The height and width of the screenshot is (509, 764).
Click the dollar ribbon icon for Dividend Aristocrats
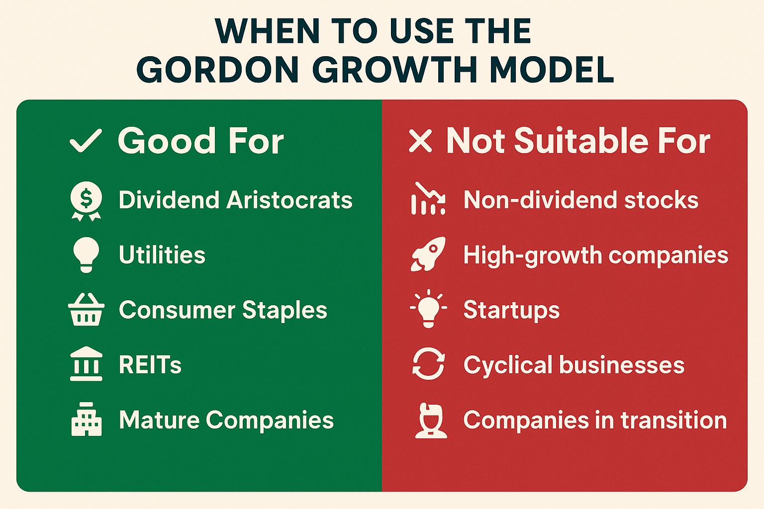[86, 200]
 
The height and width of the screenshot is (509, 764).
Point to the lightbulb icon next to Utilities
[86, 254]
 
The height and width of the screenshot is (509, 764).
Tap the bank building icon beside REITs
[86, 364]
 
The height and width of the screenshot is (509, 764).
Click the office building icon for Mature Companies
[86, 420]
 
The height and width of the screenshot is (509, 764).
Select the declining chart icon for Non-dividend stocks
[428, 199]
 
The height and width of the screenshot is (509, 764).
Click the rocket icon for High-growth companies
[428, 254]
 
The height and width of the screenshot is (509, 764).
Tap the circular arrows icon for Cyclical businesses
[428, 364]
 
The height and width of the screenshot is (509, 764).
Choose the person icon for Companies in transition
[431, 421]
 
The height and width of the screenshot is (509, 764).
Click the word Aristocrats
[289, 200]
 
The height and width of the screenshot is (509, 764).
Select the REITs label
[150, 365]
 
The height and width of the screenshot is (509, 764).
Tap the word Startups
[511, 310]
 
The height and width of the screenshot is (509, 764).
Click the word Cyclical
[508, 365]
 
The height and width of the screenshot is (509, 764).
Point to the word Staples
[285, 310]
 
